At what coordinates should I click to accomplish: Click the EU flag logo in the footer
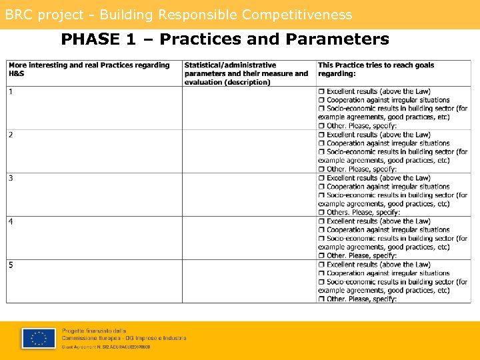tap(38, 338)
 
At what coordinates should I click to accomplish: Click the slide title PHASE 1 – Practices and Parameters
tap(225, 39)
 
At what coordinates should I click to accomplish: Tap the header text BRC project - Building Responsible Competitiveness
tap(179, 15)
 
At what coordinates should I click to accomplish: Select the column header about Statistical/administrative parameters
tap(247, 73)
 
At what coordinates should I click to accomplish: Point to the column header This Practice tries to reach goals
tap(376, 69)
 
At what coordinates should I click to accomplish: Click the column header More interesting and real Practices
tap(89, 69)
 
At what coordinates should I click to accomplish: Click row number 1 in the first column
tap(11, 91)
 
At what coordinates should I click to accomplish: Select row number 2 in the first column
tap(11, 135)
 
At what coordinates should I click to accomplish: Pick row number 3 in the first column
tap(11, 178)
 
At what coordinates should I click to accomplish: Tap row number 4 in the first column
tap(11, 221)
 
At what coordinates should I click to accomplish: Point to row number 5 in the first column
tap(11, 265)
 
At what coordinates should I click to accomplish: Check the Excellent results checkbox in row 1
tap(321, 91)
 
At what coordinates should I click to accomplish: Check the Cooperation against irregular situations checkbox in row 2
tap(321, 143)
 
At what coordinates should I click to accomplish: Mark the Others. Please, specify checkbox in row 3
tap(321, 213)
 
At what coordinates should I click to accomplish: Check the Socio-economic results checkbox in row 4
tap(321, 239)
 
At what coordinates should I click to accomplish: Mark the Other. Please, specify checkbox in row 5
tap(321, 299)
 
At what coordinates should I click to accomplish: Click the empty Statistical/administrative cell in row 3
tap(249, 195)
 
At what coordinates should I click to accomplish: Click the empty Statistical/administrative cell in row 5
tap(249, 281)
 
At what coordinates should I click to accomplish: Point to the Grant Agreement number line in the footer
tap(107, 347)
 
